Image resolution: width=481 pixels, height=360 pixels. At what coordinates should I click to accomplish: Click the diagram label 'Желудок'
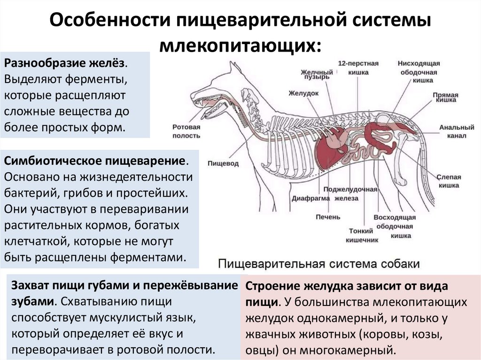point(303,93)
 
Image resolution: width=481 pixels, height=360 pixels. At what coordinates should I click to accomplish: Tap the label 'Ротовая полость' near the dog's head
point(186,131)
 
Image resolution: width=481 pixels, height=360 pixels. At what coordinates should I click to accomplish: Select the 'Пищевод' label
point(223,164)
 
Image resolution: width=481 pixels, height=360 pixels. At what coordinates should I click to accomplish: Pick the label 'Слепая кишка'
point(449,181)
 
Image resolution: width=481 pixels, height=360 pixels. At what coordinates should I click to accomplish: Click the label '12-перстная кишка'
point(359,68)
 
